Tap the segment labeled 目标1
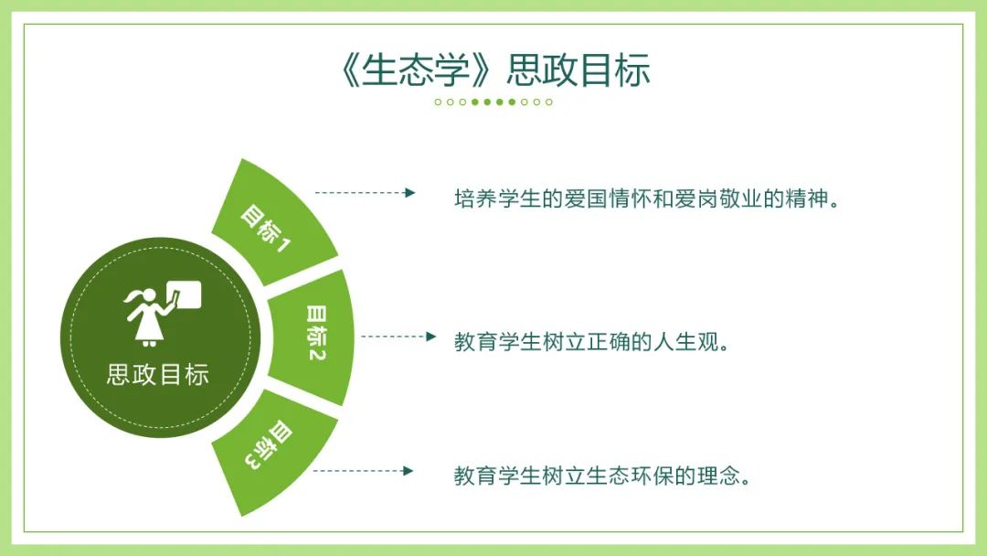[x=274, y=223]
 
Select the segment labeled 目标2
[x=312, y=337]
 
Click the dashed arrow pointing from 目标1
[x=365, y=193]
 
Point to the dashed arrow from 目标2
[x=399, y=337]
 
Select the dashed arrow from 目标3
[x=363, y=470]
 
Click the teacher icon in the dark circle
[x=162, y=313]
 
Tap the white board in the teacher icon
[x=183, y=294]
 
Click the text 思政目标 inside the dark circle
[x=158, y=375]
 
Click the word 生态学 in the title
[x=416, y=69]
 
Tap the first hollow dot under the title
[x=438, y=102]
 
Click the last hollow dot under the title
[x=549, y=102]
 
